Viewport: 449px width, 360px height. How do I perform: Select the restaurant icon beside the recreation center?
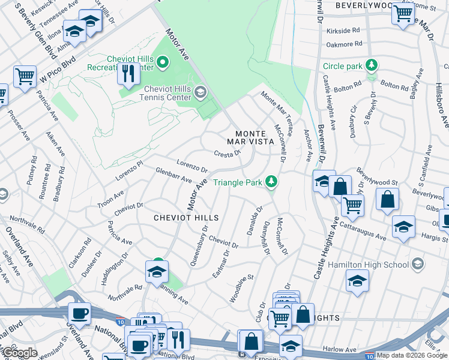coord(128,73)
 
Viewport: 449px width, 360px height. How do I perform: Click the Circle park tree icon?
coord(372,65)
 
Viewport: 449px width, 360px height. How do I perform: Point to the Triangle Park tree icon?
coord(271,181)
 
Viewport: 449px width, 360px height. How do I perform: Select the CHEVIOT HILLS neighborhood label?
coord(185,217)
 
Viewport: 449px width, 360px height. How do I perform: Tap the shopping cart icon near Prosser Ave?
coord(25,76)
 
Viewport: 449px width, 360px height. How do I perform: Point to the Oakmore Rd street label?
coord(345,44)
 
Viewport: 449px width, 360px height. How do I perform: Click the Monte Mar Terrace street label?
coord(276,107)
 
